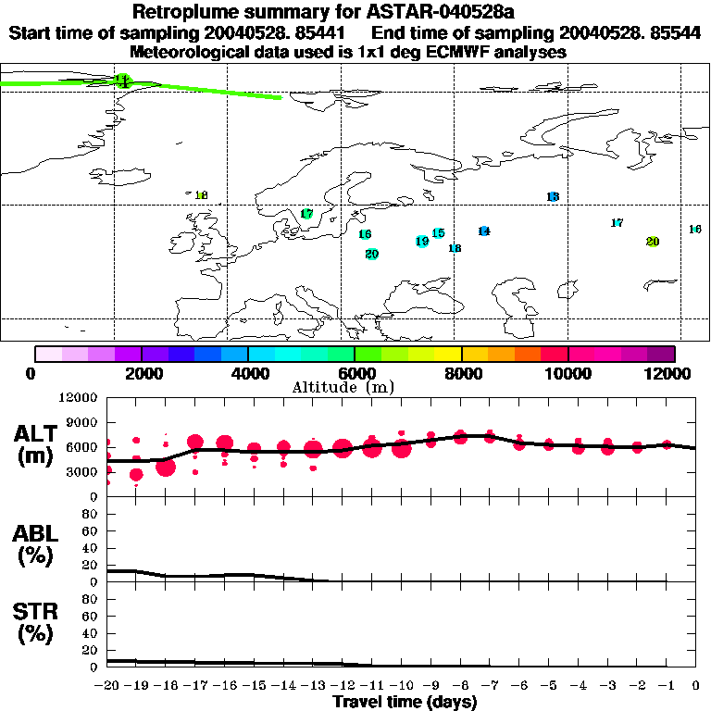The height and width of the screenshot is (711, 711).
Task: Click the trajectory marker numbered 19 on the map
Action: [422, 242]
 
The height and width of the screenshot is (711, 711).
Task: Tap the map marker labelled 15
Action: [438, 233]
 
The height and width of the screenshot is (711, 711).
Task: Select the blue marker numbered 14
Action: [483, 231]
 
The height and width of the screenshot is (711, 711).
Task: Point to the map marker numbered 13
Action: [553, 197]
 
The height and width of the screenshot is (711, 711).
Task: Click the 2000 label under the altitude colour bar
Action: [141, 373]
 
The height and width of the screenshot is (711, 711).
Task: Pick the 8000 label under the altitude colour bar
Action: [461, 373]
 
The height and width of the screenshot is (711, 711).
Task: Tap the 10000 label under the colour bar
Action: [568, 373]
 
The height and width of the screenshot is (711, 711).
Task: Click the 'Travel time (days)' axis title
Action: [405, 703]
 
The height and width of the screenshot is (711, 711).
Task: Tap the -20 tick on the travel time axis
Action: [108, 686]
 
